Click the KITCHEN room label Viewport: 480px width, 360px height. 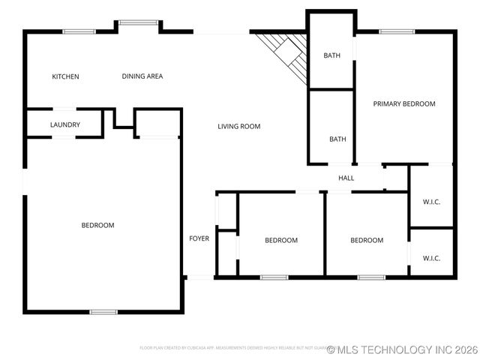click(65, 76)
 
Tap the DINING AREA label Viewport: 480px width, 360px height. click(142, 76)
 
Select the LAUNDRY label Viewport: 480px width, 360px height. click(65, 124)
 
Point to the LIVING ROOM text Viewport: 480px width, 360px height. click(239, 127)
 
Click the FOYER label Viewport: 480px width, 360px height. click(199, 238)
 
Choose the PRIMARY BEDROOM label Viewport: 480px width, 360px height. click(404, 104)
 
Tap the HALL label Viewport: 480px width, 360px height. click(346, 178)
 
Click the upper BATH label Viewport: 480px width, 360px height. click(332, 55)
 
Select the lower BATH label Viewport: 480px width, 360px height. click(337, 139)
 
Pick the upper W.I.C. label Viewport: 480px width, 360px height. click(431, 201)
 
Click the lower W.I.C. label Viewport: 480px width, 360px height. click(431, 258)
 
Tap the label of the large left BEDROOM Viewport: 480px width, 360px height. click(97, 226)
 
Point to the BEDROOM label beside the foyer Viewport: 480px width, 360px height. click(281, 241)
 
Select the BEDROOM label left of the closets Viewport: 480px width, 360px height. click(367, 241)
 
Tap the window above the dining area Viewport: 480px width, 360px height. click(137, 22)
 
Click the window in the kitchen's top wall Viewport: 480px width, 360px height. click(78, 31)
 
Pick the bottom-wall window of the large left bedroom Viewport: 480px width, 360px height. click(103, 311)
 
